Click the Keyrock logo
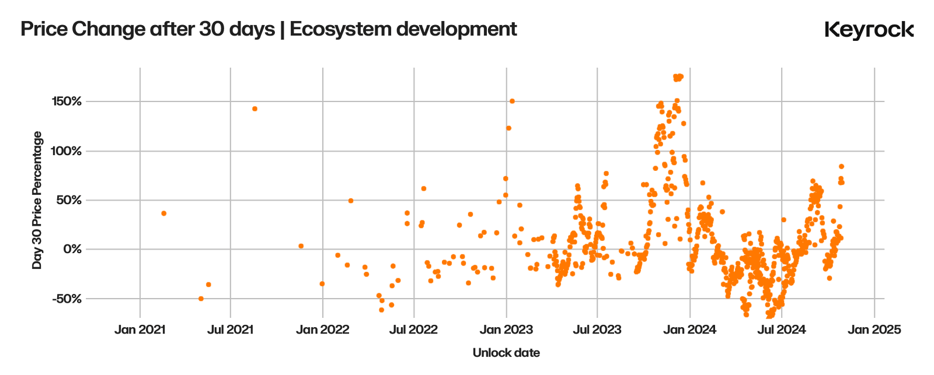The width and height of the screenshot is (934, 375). coord(869,30)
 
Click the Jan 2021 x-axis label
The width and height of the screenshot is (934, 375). coord(140,330)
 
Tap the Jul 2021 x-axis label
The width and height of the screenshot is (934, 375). coord(231,330)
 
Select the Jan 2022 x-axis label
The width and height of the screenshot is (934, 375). coord(323,330)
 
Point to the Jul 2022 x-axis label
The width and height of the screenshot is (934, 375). coord(414,330)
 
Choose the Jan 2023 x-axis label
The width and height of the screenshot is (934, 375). coord(506,330)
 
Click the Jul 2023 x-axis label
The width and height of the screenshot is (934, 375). coord(597,330)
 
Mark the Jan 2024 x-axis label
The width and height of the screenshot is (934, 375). coord(690,330)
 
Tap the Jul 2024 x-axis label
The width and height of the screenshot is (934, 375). coord(781,330)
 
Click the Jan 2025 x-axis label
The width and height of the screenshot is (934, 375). coord(874,330)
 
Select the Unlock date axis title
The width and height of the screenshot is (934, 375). coord(506,353)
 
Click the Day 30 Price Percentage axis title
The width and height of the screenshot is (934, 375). coord(37,200)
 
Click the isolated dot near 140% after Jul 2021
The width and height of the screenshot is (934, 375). coord(255,108)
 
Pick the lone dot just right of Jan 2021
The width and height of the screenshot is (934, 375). coord(163,213)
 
